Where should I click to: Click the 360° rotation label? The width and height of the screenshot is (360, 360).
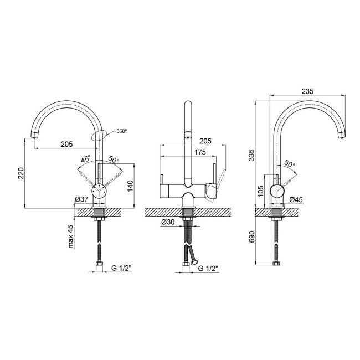[122, 131]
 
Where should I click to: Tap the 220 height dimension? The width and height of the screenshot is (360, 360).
[21, 173]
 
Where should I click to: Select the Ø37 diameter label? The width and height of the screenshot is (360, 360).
[81, 199]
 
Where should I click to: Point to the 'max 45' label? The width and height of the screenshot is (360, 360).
[71, 236]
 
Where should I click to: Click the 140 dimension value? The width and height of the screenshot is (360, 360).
[130, 186]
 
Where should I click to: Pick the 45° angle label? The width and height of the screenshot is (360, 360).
[86, 159]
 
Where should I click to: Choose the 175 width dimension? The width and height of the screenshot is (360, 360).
[200, 152]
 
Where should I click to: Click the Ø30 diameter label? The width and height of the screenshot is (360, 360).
[168, 222]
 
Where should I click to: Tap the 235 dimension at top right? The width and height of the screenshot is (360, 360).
[307, 91]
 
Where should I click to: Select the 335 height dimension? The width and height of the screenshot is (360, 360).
[251, 155]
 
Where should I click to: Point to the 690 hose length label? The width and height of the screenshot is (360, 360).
[251, 236]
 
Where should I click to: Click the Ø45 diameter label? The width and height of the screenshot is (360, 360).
[296, 200]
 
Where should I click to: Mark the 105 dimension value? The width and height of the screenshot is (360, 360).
[260, 191]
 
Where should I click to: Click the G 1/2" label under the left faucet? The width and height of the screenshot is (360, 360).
[121, 268]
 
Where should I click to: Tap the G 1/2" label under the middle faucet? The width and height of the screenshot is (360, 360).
[208, 268]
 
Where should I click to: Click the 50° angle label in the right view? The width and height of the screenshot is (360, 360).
[290, 163]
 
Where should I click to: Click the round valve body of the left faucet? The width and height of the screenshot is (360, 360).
[99, 191]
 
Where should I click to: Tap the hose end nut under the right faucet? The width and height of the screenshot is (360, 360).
[276, 263]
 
